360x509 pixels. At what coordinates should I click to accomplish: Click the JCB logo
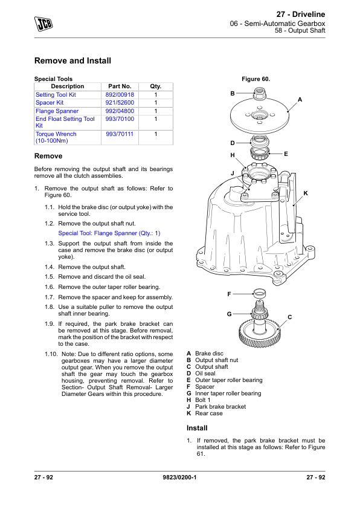click(x=43, y=24)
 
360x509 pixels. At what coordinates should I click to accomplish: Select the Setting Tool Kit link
click(x=56, y=95)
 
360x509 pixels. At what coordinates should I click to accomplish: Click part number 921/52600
click(x=120, y=103)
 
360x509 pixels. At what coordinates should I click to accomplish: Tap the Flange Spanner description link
click(x=57, y=111)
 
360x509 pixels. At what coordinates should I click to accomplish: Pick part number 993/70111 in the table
click(x=120, y=134)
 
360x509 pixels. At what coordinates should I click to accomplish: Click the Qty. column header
click(x=156, y=86)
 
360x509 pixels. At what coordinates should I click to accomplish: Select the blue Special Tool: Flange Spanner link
click(x=109, y=233)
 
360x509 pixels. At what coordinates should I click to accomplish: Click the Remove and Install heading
click(x=72, y=60)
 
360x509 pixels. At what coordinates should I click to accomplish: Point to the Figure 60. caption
click(x=256, y=79)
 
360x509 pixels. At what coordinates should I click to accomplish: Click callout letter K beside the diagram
click(x=306, y=193)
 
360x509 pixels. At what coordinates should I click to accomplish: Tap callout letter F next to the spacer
click(x=230, y=294)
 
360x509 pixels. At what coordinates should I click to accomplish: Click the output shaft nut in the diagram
click(x=260, y=93)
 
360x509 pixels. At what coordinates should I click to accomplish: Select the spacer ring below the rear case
click(x=260, y=293)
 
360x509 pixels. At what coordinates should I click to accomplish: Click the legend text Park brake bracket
click(x=220, y=407)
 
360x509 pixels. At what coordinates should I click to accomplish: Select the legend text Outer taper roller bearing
click(x=229, y=380)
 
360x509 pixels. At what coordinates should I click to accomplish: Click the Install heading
click(x=197, y=428)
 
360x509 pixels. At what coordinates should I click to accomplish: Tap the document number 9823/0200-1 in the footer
click(x=179, y=477)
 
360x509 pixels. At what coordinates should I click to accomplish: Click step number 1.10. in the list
click(x=51, y=354)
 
